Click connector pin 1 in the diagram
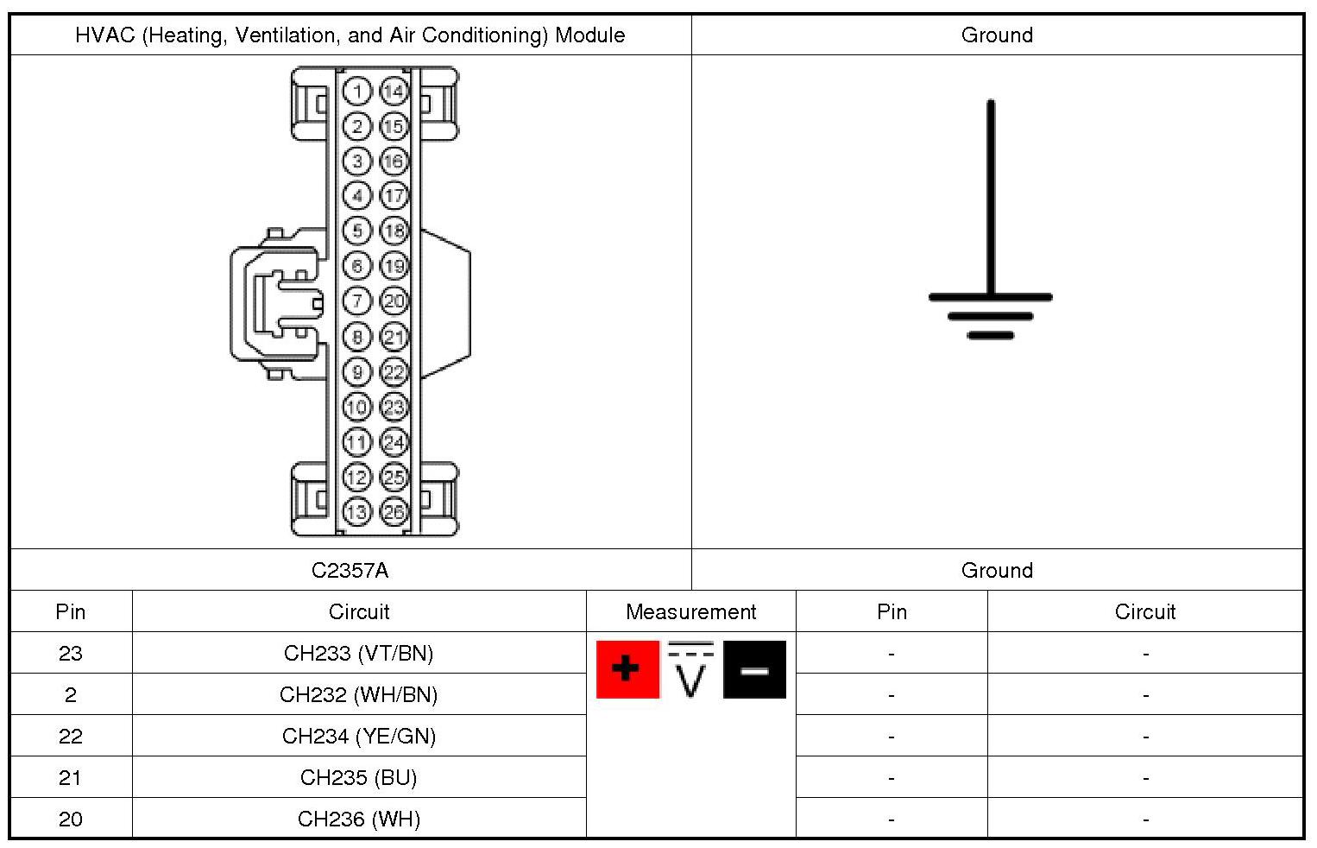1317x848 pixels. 356,91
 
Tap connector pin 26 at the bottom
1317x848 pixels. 394,512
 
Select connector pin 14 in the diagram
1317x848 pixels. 394,91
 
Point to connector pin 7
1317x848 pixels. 356,301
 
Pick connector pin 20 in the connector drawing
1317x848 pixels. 394,301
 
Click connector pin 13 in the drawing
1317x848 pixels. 356,512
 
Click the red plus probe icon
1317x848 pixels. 627,669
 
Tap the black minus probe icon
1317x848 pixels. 754,669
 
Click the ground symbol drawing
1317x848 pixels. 991,225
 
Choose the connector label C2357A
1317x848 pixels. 350,570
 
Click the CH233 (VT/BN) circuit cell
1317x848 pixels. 359,653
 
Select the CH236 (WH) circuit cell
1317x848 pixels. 359,819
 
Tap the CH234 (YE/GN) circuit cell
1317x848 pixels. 359,736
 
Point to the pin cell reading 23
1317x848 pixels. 71,653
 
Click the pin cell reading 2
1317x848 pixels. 71,694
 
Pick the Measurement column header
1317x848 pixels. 690,611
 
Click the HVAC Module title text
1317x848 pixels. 350,35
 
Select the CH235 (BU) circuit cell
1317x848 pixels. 359,777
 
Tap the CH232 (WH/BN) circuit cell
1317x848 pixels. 359,694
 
